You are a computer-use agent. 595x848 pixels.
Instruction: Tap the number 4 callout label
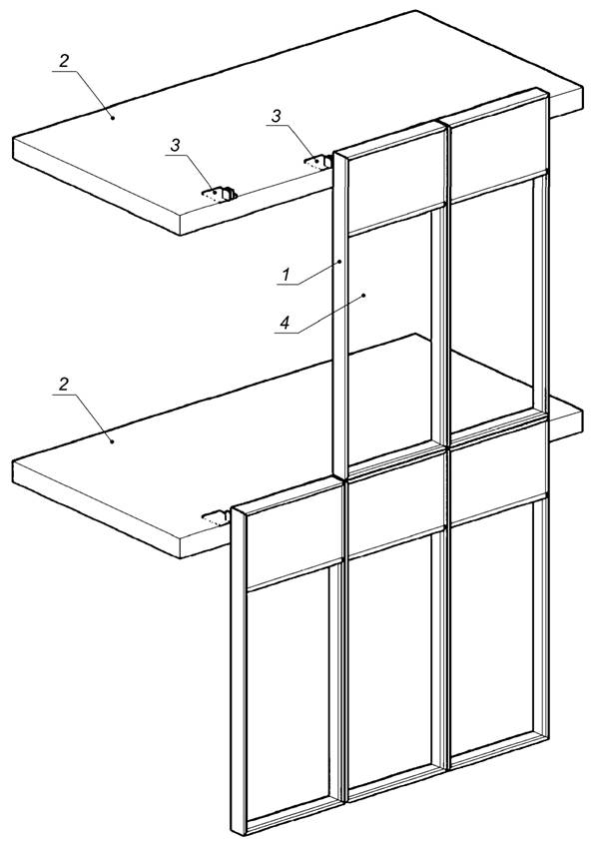tap(285, 323)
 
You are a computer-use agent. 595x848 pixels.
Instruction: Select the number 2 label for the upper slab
tap(64, 61)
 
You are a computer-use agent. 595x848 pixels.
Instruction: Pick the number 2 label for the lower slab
tap(64, 385)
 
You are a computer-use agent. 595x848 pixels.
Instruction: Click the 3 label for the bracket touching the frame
tap(277, 116)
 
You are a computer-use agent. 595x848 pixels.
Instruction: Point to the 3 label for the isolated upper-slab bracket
tap(176, 145)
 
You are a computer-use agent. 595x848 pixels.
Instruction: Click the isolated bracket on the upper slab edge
tap(220, 194)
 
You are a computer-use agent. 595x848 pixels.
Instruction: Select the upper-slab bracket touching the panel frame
tap(317, 162)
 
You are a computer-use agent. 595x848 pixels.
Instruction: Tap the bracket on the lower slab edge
tap(217, 517)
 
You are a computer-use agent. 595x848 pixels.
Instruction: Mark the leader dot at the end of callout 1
tap(339, 262)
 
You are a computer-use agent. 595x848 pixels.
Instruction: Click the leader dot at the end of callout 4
tap(363, 296)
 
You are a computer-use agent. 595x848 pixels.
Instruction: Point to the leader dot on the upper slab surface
tap(113, 117)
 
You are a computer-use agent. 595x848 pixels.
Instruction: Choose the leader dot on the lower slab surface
tap(113, 441)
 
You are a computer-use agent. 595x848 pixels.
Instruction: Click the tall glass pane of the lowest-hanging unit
tap(289, 695)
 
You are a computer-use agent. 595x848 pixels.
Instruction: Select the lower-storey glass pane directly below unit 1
tap(390, 661)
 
